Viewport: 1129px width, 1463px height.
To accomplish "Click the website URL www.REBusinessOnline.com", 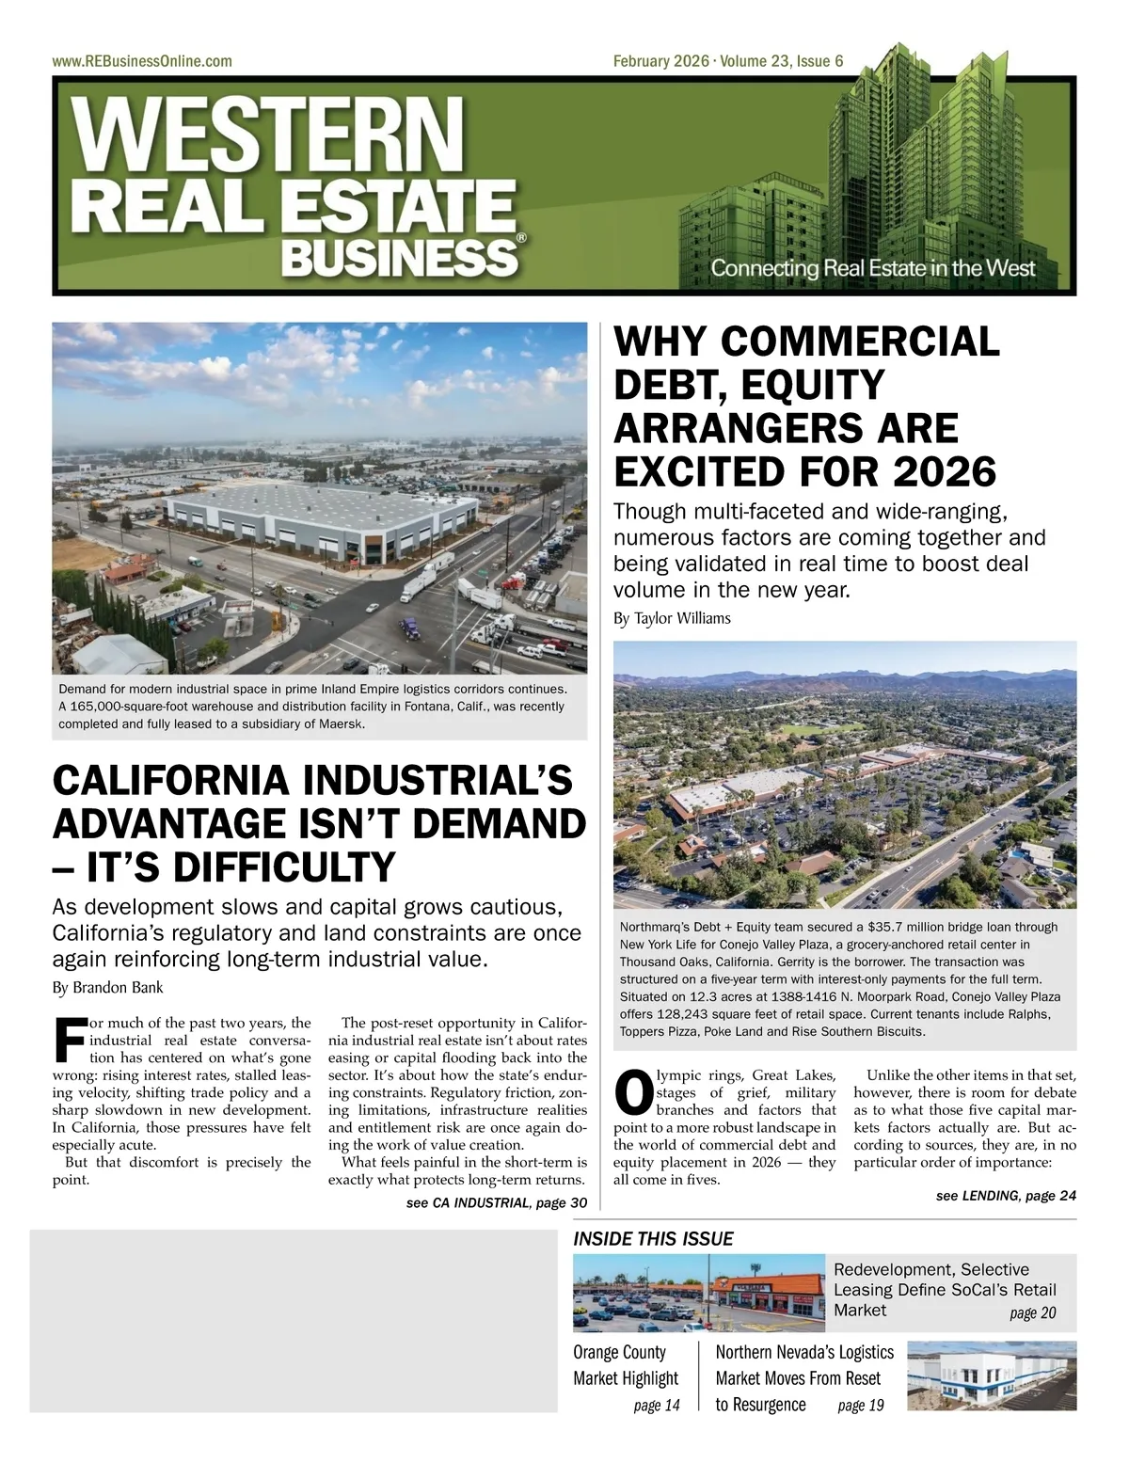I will point(142,62).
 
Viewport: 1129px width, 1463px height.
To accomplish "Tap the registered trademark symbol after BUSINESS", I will point(520,240).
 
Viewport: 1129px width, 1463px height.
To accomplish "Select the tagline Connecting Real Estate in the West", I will point(872,268).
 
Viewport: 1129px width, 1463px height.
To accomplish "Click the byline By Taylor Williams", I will point(671,618).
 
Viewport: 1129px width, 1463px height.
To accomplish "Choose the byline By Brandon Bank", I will point(107,988).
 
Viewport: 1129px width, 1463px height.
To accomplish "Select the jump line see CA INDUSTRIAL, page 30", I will point(496,1203).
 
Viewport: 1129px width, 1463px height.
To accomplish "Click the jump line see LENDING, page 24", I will point(1005,1196).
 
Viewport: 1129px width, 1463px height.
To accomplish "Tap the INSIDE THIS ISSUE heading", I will point(653,1239).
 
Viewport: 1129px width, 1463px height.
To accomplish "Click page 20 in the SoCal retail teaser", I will point(1032,1313).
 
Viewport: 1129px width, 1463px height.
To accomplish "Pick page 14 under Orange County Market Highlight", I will point(656,1406).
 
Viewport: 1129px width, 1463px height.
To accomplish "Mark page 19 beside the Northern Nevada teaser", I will point(860,1406).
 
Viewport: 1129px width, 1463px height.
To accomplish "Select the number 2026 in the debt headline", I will point(944,471).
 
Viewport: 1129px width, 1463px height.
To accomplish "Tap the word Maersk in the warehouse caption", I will point(342,724).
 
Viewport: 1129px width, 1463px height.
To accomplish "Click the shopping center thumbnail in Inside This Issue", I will point(699,1293).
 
